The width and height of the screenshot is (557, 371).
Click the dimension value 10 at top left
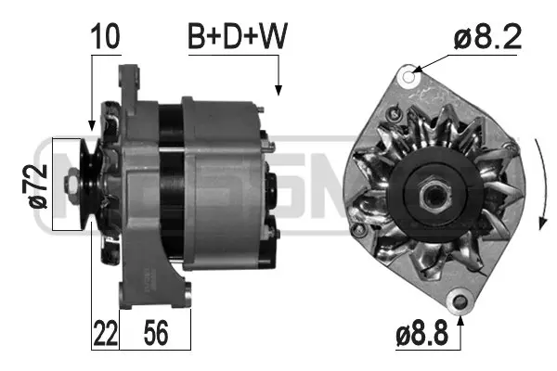105,37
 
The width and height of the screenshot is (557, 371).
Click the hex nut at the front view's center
433,196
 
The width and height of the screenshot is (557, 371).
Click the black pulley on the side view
89,185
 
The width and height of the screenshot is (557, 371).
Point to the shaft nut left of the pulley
71,191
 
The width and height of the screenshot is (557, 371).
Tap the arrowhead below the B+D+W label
278,90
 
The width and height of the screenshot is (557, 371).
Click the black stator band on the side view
170,185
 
